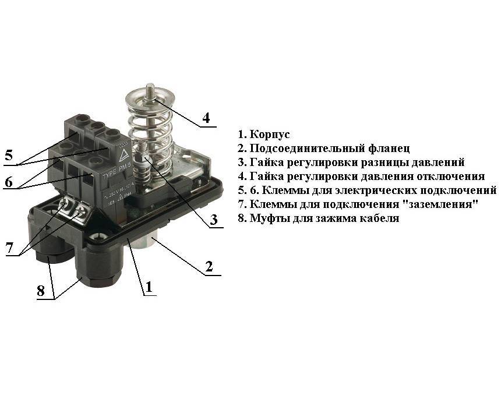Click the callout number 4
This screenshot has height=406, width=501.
[206, 118]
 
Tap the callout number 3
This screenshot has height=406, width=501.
[214, 220]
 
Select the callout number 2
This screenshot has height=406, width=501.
[209, 266]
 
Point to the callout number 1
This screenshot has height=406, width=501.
[149, 287]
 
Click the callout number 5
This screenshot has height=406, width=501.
[9, 155]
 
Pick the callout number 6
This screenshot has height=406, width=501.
[9, 182]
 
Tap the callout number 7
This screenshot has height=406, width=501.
[10, 248]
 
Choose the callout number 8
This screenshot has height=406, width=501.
[41, 291]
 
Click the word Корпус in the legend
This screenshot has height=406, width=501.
[270, 135]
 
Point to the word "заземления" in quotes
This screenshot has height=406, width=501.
[441, 204]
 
